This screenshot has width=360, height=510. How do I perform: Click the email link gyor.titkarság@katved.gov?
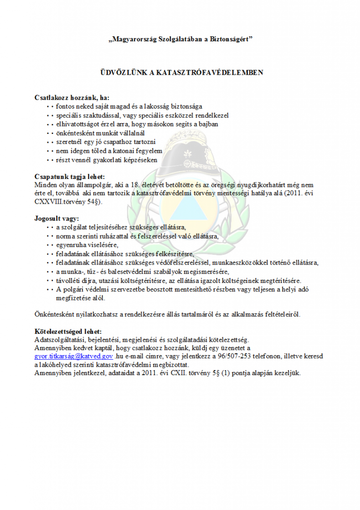tap(74, 356)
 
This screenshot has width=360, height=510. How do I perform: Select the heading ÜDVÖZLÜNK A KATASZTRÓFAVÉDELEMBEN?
tap(180, 73)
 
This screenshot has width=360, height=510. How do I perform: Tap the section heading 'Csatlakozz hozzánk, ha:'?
tap(72, 97)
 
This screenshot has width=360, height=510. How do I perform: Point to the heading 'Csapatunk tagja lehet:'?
tap(70, 176)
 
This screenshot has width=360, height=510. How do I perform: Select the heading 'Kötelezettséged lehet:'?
tap(68, 331)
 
